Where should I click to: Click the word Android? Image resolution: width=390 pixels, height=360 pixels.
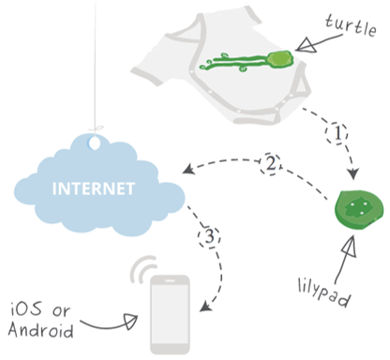42,329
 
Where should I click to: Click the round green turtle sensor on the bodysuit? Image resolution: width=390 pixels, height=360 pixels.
279,60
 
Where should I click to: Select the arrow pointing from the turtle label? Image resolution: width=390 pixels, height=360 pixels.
312,40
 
